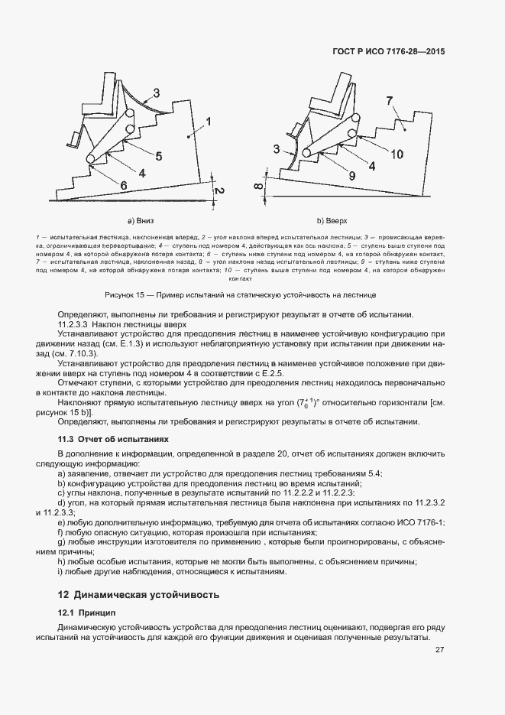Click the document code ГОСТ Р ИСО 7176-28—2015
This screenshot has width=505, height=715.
click(x=388, y=52)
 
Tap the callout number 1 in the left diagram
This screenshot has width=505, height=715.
click(x=209, y=121)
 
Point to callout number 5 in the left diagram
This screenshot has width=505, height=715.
click(x=158, y=156)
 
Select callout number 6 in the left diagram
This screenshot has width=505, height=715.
click(x=123, y=184)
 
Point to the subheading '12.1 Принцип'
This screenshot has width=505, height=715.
click(x=87, y=613)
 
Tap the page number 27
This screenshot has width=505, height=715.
click(x=439, y=651)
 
